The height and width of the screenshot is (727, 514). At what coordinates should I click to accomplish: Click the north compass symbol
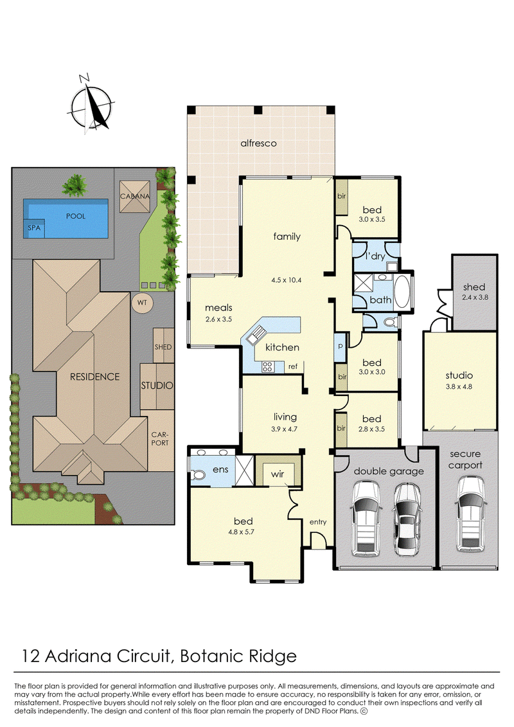click(92, 105)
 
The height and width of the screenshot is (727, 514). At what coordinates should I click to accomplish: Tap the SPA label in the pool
click(34, 228)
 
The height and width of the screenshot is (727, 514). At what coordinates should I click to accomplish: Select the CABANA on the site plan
click(135, 196)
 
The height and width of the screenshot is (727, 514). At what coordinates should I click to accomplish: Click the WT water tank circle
click(142, 302)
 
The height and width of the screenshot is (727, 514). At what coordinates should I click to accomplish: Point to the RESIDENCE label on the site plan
click(94, 377)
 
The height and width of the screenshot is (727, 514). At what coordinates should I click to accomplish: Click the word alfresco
click(259, 143)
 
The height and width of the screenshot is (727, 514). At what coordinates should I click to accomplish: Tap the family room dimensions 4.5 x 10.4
click(287, 280)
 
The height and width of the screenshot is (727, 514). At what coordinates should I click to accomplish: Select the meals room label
click(218, 307)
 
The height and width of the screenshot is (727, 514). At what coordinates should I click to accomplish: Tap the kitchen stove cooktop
click(267, 367)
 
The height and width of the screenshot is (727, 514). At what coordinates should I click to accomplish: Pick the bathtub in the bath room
click(402, 292)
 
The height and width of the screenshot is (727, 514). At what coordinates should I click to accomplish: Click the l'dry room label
click(375, 255)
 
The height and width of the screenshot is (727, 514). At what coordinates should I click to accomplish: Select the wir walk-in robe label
click(277, 474)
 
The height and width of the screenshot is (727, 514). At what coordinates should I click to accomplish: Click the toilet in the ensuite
click(199, 475)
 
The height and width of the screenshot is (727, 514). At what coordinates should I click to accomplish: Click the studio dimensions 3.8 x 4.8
click(459, 386)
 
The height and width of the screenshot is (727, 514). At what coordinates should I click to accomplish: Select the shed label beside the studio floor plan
click(474, 287)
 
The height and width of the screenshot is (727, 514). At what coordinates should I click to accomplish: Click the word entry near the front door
click(318, 522)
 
